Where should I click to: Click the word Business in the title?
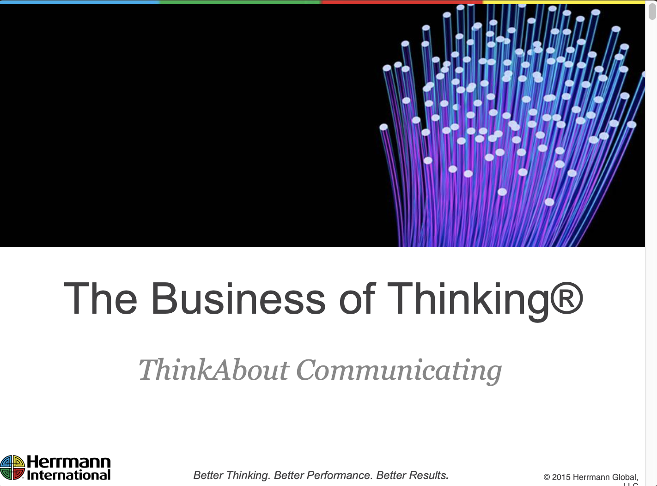pos(238,299)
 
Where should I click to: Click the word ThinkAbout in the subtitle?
pos(214,370)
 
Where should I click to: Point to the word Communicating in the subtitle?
pos(398,370)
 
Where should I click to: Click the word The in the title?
pos(100,299)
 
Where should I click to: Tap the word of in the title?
pos(357,299)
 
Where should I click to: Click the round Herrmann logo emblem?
pos(12,467)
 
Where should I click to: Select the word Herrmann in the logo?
pos(69,462)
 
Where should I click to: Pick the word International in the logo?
pos(69,475)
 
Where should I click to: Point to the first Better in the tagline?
pos(208,475)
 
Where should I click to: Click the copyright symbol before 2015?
pos(547,477)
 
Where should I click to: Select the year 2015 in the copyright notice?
pos(561,477)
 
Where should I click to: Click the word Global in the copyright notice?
pos(625,477)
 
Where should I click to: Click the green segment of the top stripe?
pos(240,2)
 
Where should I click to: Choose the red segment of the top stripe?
pos(402,2)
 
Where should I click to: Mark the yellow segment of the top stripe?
pos(564,2)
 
